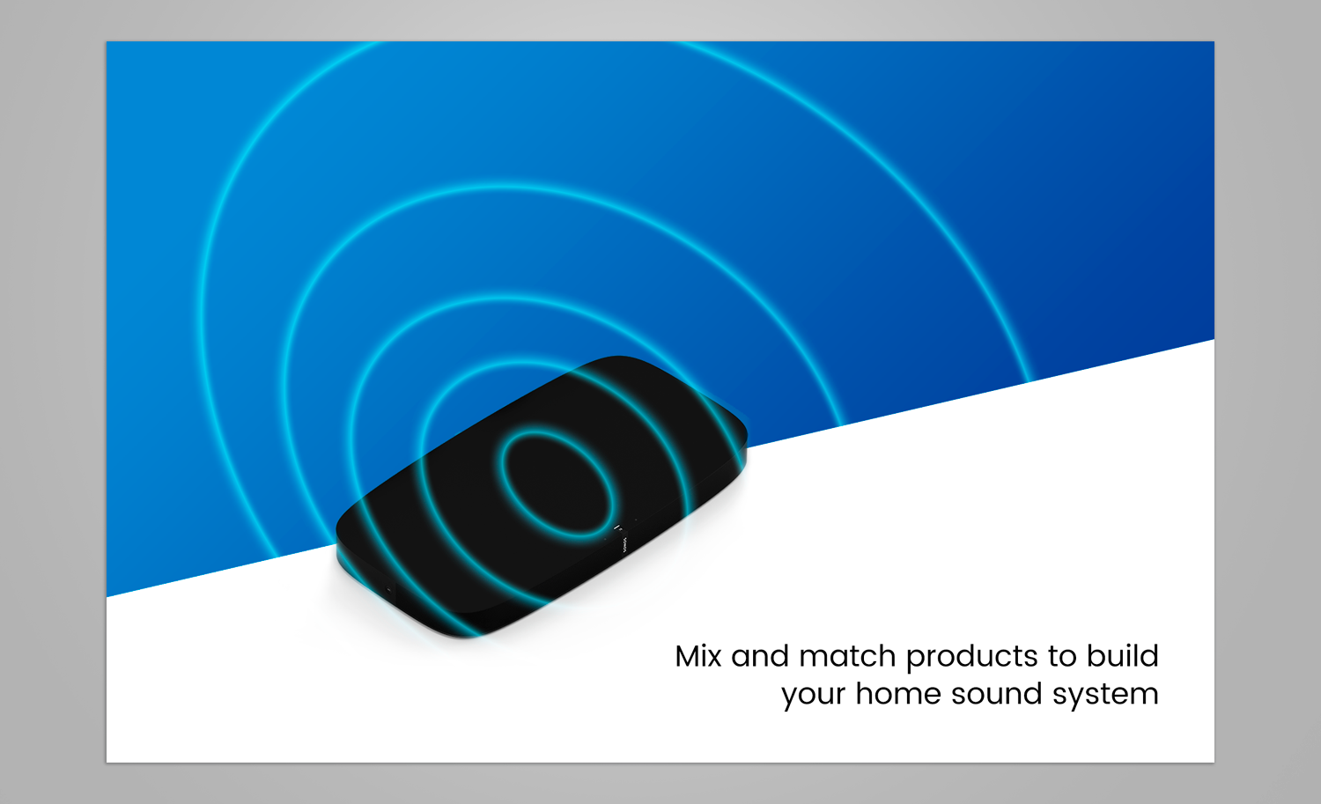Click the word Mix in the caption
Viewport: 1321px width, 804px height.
[697, 656]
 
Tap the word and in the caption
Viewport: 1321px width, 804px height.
[759, 656]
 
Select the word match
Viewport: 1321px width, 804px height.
[847, 656]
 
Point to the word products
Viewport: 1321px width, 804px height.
[971, 658]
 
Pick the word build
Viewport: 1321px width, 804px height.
[1122, 656]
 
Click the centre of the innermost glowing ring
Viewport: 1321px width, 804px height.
[557, 483]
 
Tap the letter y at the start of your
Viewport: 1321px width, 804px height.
[789, 696]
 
